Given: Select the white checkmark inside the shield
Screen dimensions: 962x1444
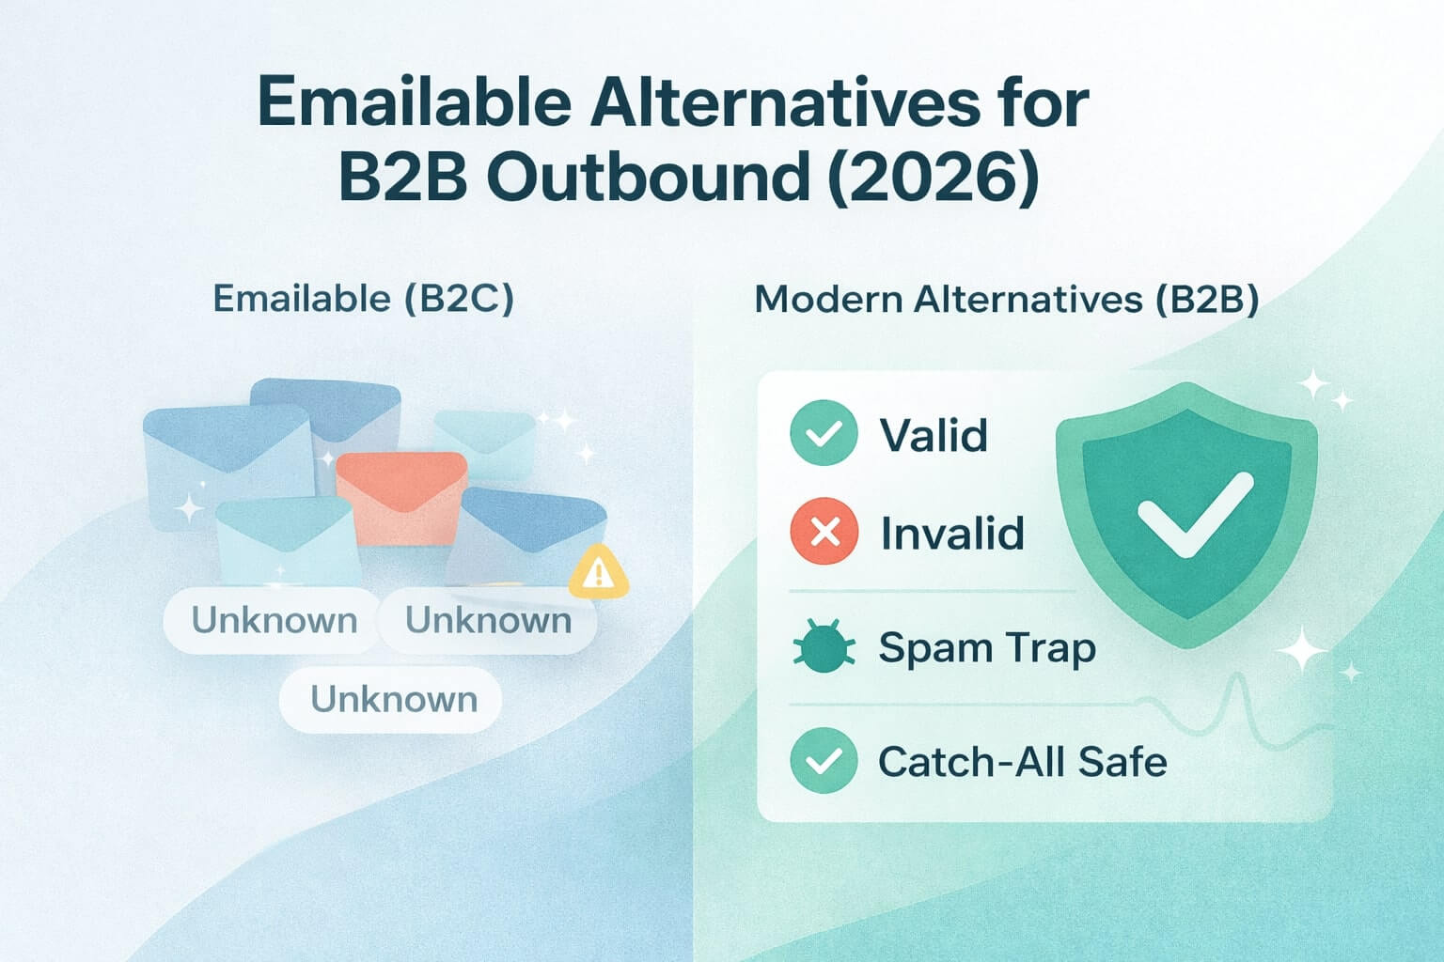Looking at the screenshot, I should [x=1193, y=514].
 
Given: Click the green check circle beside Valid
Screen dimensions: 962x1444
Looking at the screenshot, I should [x=824, y=434].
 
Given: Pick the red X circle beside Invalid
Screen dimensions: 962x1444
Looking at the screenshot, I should [x=824, y=533].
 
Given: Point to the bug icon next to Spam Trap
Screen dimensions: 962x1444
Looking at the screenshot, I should [x=824, y=648].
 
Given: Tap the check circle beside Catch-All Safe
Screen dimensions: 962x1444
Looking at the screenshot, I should [x=824, y=761].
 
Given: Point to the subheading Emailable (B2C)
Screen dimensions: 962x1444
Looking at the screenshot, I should [x=364, y=299].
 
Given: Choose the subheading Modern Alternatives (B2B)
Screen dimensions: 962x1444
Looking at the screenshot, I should [x=1007, y=299].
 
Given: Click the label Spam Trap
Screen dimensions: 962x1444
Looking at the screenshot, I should [x=987, y=648].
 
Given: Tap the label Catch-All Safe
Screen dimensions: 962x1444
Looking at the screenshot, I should [x=1022, y=761].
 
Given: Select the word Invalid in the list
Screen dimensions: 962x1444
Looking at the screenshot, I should [x=951, y=533].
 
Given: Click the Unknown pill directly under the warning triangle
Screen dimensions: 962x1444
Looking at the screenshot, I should [x=488, y=620].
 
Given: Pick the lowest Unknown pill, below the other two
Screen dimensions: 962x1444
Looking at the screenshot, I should [x=393, y=699].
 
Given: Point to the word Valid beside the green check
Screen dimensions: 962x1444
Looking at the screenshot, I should [x=933, y=435].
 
